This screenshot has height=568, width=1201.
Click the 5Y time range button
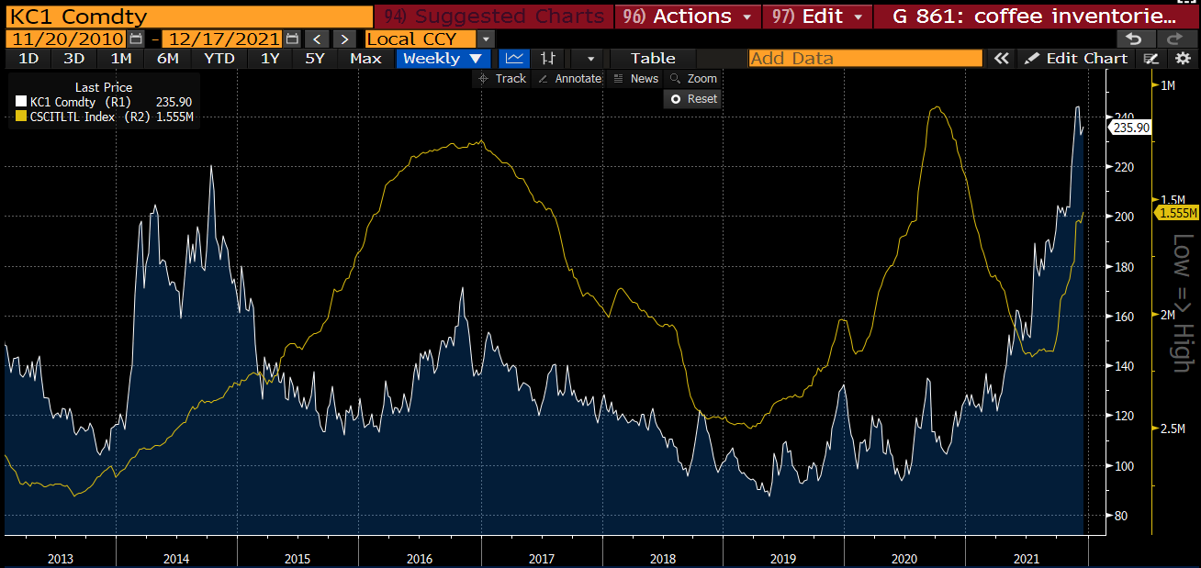(315, 58)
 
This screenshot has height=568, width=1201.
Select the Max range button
(365, 58)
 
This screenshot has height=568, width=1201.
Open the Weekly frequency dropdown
(442, 58)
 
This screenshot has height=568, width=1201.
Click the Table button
(653, 58)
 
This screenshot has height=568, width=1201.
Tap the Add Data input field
(865, 58)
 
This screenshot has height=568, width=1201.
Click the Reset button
(694, 98)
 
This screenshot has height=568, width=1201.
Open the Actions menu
(690, 17)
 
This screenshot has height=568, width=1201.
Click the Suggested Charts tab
(497, 17)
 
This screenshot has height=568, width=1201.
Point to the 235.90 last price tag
(1131, 128)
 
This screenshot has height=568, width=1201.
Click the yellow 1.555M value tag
(1179, 213)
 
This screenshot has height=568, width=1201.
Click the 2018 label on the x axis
(662, 558)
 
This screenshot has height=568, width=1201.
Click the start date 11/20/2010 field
(66, 39)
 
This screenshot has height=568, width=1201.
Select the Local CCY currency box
(420, 39)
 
